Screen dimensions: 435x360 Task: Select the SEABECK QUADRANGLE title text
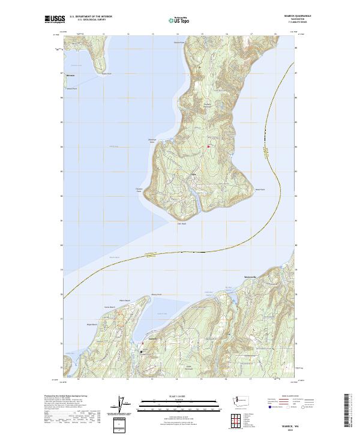click(x=286, y=16)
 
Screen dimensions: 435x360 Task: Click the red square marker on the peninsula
click(x=208, y=147)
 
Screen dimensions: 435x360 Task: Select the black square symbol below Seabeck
click(x=142, y=352)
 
